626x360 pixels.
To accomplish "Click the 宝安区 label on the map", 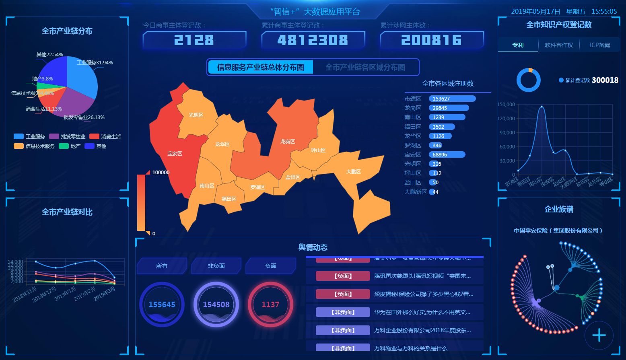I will (x=175, y=154).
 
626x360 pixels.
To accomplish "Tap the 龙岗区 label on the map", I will (x=288, y=142).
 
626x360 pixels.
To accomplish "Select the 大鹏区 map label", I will (x=354, y=172).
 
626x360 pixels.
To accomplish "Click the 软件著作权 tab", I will (x=559, y=45).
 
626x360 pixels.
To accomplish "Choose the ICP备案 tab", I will (x=600, y=45).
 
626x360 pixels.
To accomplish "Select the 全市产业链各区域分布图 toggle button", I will (x=365, y=67).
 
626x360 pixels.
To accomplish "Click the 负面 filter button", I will (x=271, y=266).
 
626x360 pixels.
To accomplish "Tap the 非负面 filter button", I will (x=216, y=266).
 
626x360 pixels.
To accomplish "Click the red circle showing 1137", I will (x=270, y=304).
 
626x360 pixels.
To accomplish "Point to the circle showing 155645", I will (x=162, y=304).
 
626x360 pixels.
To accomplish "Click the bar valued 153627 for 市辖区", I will (x=452, y=99).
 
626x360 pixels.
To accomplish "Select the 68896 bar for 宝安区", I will (x=447, y=154).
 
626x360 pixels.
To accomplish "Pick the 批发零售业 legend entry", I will (x=68, y=137).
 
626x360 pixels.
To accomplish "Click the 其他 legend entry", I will (x=96, y=146).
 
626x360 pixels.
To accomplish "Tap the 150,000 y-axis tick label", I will (x=506, y=105).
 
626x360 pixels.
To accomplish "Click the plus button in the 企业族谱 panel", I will (x=599, y=335).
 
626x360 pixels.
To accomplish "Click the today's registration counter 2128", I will (x=194, y=40).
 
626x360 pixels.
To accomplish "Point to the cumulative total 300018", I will (x=605, y=80).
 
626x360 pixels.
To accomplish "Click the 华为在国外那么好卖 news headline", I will (x=422, y=312).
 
